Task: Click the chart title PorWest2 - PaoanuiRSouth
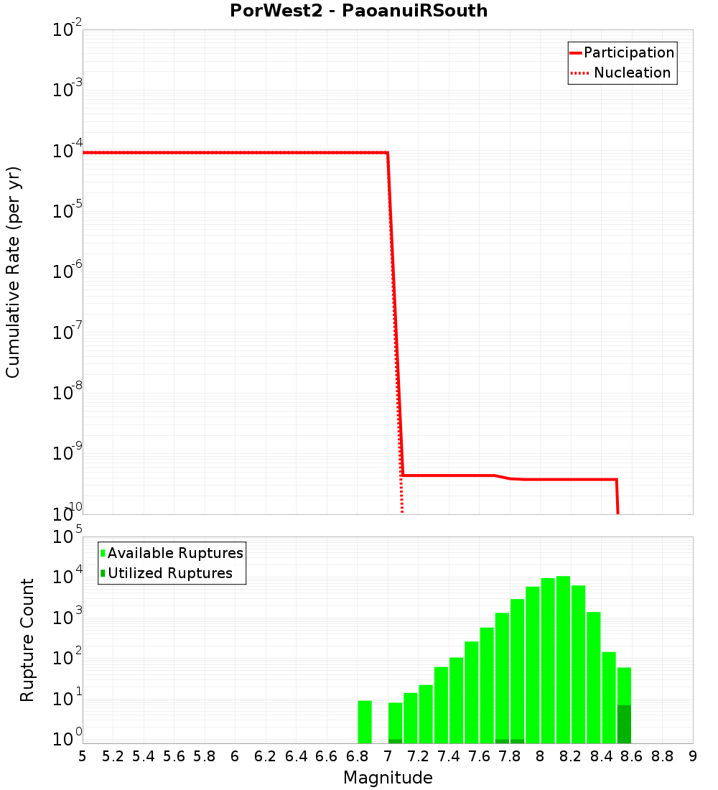358,11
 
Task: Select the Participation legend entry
622,52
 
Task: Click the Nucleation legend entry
622,73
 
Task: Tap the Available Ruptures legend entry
172,553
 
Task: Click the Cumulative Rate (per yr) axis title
13,272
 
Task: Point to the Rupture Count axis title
27,640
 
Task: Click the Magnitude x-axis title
388,778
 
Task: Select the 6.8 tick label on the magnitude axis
357,756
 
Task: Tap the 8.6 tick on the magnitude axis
632,756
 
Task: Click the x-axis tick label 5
83,756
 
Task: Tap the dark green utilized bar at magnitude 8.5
624,724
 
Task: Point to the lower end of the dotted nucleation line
402,510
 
